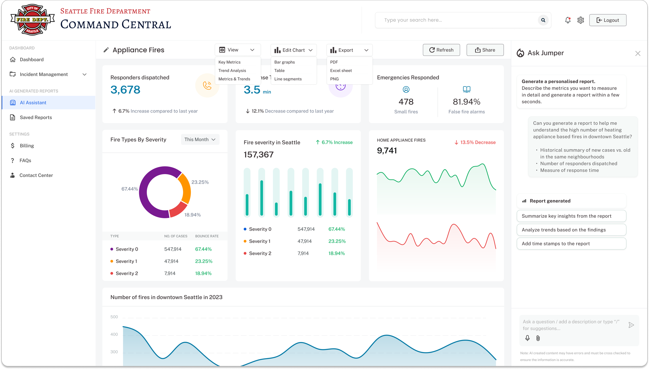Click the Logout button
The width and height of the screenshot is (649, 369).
click(x=607, y=20)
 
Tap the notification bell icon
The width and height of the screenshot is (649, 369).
click(x=568, y=20)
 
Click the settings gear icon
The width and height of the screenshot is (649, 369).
click(x=580, y=20)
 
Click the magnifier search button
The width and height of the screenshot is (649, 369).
click(x=543, y=20)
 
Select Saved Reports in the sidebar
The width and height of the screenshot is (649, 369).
click(x=36, y=118)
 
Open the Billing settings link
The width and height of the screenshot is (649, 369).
click(x=27, y=146)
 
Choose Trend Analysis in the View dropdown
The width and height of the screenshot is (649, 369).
click(x=232, y=71)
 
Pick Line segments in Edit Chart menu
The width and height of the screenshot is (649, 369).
click(x=288, y=79)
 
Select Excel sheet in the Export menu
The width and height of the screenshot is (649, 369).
click(x=341, y=71)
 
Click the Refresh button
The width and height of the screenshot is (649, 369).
click(x=441, y=50)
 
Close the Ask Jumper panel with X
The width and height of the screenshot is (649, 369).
click(x=638, y=53)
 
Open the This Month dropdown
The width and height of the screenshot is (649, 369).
click(x=200, y=140)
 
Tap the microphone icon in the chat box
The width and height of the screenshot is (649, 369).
click(x=527, y=338)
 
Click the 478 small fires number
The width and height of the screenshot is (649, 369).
click(x=406, y=102)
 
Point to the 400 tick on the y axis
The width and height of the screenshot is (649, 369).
click(x=114, y=334)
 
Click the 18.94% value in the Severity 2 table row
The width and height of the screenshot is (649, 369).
click(x=203, y=274)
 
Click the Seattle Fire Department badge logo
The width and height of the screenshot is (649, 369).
click(x=32, y=20)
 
